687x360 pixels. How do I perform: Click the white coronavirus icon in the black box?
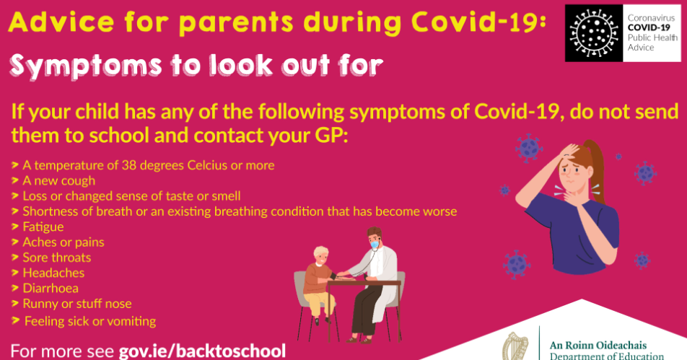click(x=594, y=33)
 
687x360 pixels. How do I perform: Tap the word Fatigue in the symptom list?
click(x=43, y=227)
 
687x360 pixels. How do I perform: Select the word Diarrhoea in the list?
click(x=51, y=288)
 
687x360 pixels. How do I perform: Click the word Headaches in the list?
click(x=53, y=273)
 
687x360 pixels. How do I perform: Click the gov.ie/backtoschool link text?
click(x=202, y=351)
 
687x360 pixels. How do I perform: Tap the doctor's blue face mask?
click(x=375, y=244)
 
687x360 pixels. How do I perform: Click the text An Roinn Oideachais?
click(x=598, y=345)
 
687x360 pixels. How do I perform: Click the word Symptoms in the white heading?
click(x=86, y=66)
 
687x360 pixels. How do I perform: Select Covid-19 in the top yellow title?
click(x=478, y=22)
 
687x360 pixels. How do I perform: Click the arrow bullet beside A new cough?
click(x=15, y=180)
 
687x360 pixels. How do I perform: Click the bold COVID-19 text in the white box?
click(x=649, y=27)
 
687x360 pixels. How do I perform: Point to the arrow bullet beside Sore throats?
click(x=15, y=257)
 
